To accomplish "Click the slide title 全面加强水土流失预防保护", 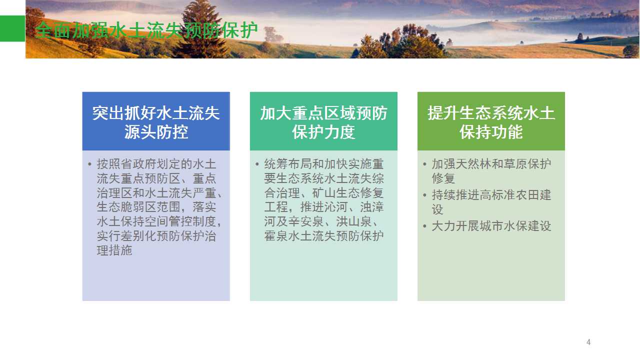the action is coord(146,30).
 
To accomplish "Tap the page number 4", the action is coord(588,342).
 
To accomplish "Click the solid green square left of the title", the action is coord(12,28).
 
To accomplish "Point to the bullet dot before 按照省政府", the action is coord(89,164).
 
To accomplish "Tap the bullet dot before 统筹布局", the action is coord(257,164).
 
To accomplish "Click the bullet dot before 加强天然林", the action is coord(425,164).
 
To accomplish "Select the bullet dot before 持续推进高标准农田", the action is coord(425,195).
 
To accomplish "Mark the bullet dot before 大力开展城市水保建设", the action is coord(425,226).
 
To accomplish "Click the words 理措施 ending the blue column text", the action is coord(114,250).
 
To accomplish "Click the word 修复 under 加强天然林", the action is coord(443,178).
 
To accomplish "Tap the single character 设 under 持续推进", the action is coord(437,209).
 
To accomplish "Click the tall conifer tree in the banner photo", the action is coord(201,30).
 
